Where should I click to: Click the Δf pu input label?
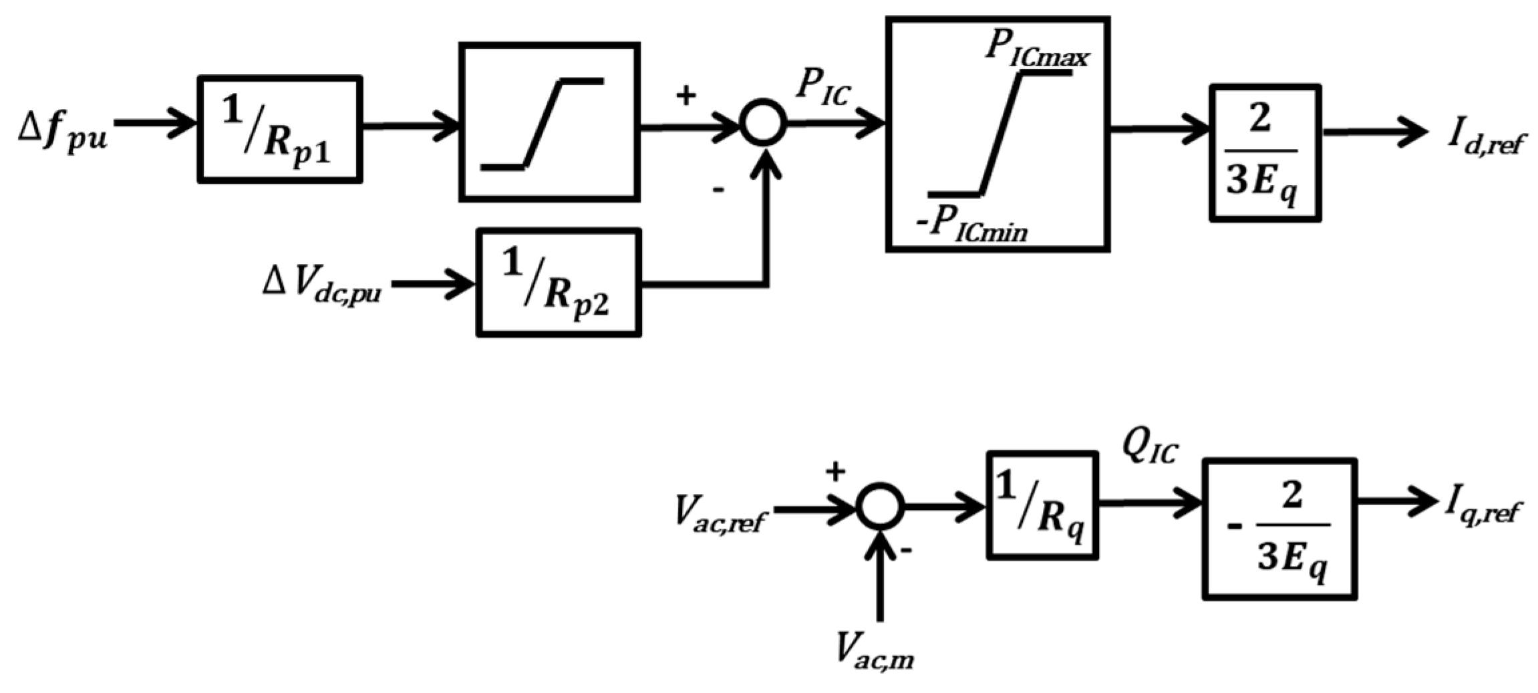click(x=62, y=130)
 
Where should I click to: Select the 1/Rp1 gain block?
click(x=279, y=129)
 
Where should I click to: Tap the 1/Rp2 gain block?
click(x=559, y=283)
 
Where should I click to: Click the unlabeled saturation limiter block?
click(x=549, y=122)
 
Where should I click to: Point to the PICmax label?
click(x=1036, y=50)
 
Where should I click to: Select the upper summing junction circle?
click(x=763, y=122)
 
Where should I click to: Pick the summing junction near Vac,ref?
click(x=880, y=507)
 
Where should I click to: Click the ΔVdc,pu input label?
click(x=321, y=285)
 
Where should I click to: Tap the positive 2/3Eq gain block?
click(x=1265, y=153)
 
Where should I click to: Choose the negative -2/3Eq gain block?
click(x=1279, y=529)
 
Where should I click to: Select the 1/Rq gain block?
click(x=1042, y=506)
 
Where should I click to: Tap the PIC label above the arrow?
click(x=822, y=88)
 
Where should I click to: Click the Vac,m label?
click(x=875, y=651)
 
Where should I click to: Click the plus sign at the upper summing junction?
click(x=685, y=96)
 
